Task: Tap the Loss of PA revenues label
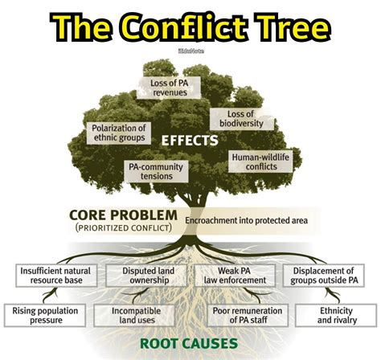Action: [x=168, y=87]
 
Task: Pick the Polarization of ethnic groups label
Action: [x=118, y=133]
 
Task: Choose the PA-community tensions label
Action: [x=156, y=171]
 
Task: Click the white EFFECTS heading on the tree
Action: [x=190, y=141]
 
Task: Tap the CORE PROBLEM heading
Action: [x=123, y=215]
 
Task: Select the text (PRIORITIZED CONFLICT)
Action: [x=123, y=229]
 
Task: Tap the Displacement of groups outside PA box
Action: [x=323, y=276]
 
